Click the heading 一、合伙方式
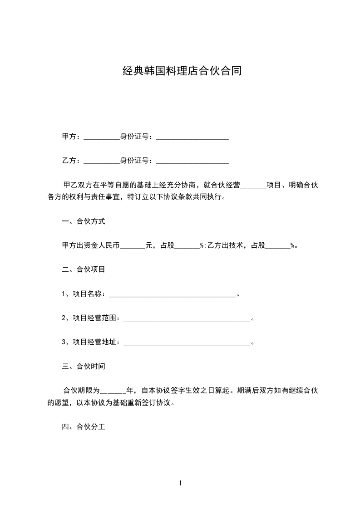pos(84,221)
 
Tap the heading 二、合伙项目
pos(84,269)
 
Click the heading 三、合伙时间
pos(84,366)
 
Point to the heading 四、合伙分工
pos(84,427)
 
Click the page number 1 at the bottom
pos(180,483)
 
